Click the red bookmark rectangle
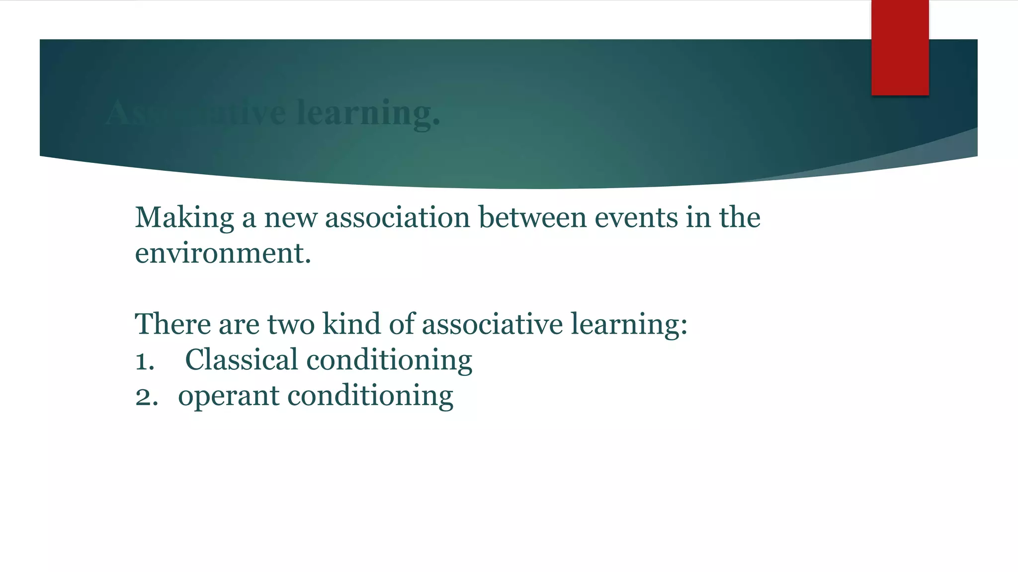click(900, 48)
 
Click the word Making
click(184, 218)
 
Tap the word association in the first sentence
click(397, 218)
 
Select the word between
click(532, 218)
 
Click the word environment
click(223, 254)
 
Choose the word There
click(172, 324)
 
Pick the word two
click(291, 324)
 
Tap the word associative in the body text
click(492, 324)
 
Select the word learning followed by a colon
click(628, 325)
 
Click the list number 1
click(145, 361)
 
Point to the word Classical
click(241, 360)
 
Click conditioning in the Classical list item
click(389, 361)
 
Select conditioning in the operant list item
click(370, 397)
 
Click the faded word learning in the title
click(368, 113)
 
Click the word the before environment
click(740, 218)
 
